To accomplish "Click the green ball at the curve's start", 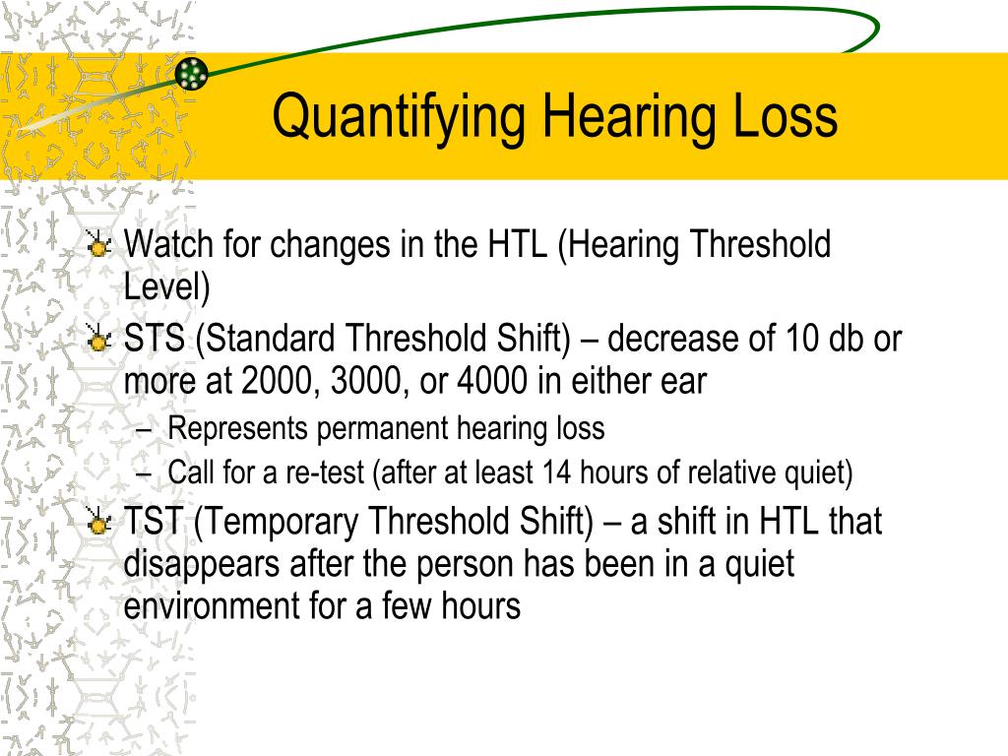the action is [192, 73].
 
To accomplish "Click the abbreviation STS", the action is [155, 339].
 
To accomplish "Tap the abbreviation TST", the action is [154, 521].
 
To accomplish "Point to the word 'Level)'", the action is [166, 286].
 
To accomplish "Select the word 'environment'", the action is [212, 606].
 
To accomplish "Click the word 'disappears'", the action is [202, 564].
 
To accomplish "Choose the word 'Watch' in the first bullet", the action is [168, 244].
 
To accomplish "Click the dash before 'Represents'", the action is [144, 431].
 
